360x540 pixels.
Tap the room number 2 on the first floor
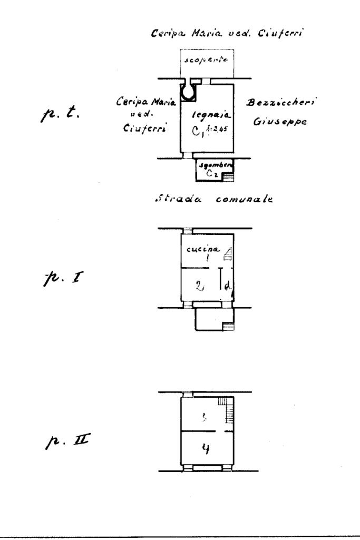[x=199, y=286]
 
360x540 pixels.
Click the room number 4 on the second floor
[x=207, y=449]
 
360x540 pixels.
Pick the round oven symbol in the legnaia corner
[x=188, y=92]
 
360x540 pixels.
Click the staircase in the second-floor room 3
[x=227, y=410]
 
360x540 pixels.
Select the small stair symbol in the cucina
[x=228, y=254]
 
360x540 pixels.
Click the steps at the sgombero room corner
[x=229, y=178]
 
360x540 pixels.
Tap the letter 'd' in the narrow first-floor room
[x=226, y=287]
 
